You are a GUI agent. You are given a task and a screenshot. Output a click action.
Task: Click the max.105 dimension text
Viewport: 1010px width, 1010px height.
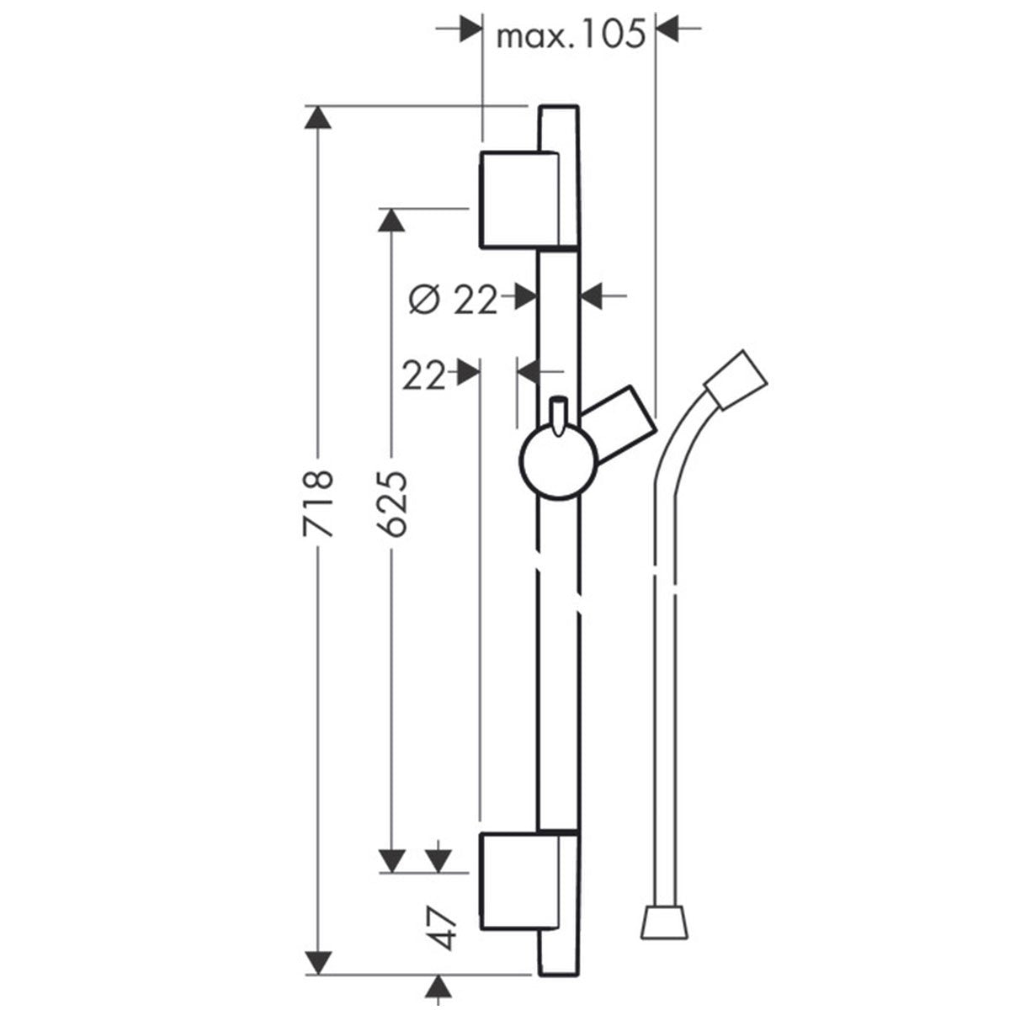[570, 35]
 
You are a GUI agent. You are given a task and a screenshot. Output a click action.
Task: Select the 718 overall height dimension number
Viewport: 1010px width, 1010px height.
[318, 504]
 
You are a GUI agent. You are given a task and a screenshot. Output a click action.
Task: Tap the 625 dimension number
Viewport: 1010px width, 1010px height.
[391, 504]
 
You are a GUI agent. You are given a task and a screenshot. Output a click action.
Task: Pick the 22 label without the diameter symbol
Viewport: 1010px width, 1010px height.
[423, 376]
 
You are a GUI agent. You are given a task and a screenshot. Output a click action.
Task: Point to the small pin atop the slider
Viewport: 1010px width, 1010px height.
[556, 415]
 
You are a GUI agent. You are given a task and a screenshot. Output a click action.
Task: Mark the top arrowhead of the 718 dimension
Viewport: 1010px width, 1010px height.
[317, 119]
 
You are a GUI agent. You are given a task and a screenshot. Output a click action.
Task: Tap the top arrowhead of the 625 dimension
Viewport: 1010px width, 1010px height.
[390, 221]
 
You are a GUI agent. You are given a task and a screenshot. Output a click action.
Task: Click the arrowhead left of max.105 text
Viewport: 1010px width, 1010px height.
[469, 30]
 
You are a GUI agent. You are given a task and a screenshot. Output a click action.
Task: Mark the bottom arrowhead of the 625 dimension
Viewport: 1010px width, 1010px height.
[390, 859]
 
